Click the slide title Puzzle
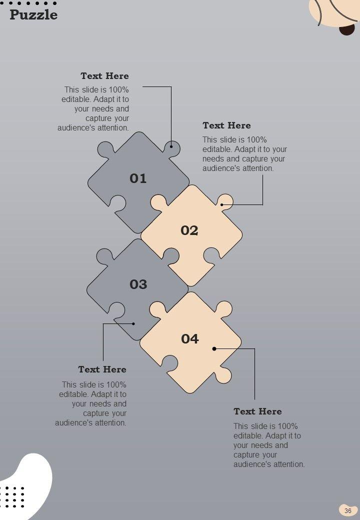[33, 15]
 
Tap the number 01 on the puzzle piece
[138, 178]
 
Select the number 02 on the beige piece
[189, 230]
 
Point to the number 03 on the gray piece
[138, 284]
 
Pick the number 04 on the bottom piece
[189, 338]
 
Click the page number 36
[347, 510]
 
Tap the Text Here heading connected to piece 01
[105, 76]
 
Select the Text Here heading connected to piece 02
[226, 125]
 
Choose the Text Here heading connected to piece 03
[102, 369]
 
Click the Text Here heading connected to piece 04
[257, 411]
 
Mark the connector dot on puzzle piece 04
[214, 348]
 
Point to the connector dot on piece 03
[133, 323]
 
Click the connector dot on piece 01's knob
[171, 146]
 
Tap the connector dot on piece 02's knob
[222, 204]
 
